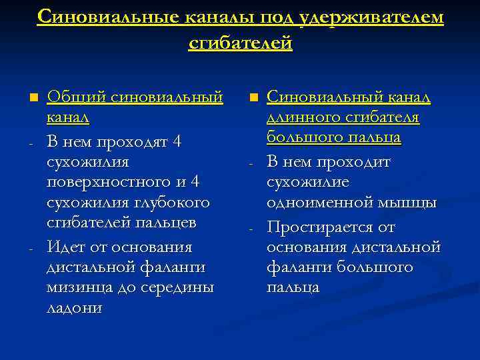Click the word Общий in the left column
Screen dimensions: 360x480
tap(68, 98)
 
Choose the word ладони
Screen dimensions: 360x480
tap(74, 309)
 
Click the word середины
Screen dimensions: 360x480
tap(180, 288)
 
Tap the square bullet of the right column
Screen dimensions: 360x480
tap(253, 99)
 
